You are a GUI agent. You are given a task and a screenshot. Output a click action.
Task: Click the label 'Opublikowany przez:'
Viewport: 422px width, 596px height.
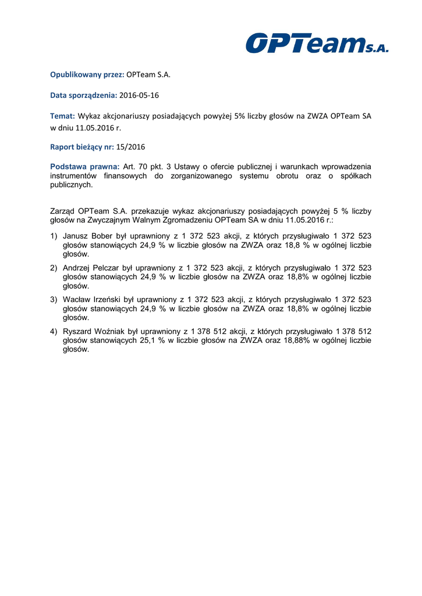87,74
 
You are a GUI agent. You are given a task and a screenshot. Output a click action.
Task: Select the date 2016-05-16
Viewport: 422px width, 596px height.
139,95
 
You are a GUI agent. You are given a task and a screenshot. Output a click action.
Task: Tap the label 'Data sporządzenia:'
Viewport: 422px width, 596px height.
84,95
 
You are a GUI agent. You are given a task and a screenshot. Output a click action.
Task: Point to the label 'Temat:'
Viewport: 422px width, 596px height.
63,116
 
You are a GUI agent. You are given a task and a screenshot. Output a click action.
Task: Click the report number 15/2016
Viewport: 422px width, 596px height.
130,147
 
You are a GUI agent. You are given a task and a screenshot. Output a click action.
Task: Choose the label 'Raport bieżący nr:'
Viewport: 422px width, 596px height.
81,147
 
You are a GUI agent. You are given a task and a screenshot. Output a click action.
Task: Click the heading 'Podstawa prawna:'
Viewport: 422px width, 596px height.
85,166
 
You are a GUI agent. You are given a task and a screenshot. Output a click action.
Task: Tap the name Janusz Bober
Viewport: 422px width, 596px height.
83,236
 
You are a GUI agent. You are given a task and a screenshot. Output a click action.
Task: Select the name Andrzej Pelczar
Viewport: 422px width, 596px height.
88,268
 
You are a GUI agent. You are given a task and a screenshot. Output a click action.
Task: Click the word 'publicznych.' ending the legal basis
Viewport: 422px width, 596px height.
72,185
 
